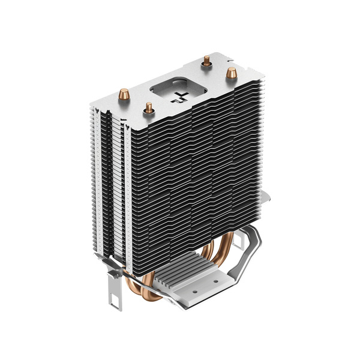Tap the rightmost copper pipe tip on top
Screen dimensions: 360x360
(x=229, y=72)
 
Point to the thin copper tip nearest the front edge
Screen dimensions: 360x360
(x=148, y=108)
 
